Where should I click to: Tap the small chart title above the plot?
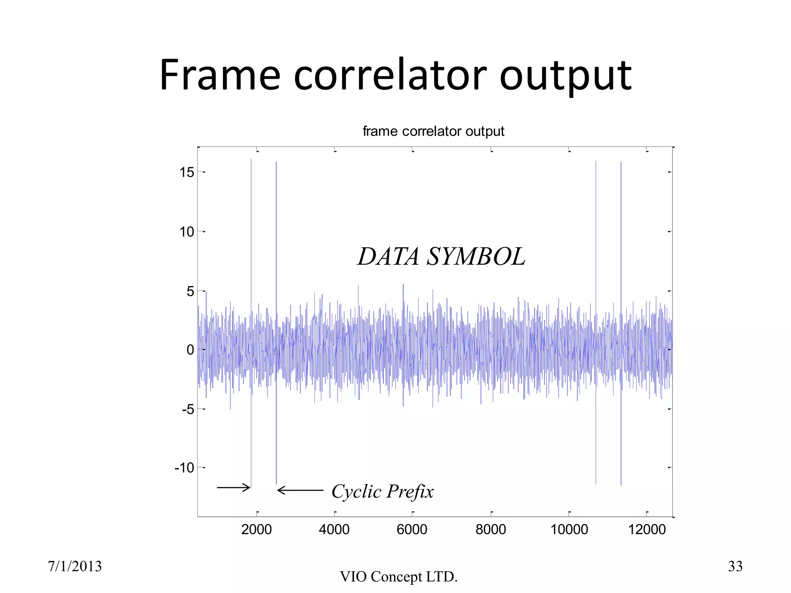[433, 132]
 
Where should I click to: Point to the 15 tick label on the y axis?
[187, 172]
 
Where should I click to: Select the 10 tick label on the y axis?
[187, 232]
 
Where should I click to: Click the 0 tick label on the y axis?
[190, 350]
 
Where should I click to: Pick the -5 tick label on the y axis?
[188, 409]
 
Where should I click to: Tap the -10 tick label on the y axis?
[184, 468]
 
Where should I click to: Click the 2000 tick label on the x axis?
[256, 529]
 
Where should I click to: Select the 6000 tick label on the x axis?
[412, 529]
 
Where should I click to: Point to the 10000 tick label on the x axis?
[569, 529]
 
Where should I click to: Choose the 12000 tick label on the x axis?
[647, 529]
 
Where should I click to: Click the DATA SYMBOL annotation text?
[441, 256]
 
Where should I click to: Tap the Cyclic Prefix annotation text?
[382, 491]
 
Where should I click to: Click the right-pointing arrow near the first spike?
[234, 488]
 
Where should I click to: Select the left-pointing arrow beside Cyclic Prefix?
[300, 491]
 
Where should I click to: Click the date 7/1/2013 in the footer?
[75, 566]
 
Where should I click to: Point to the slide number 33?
[735, 566]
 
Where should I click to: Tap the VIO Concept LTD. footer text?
[399, 577]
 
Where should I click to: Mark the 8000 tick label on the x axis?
[491, 529]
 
